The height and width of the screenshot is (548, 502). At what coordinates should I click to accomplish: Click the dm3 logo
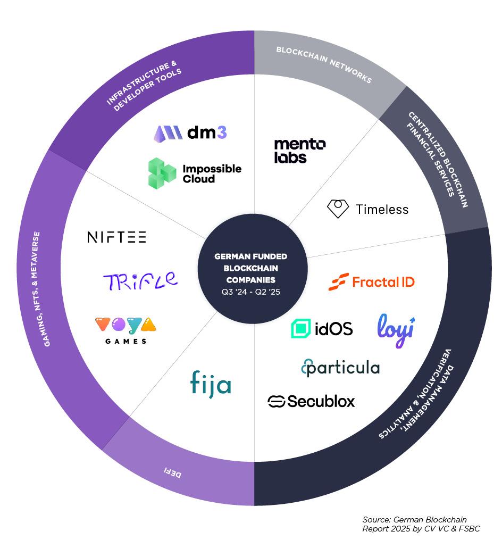coord(190,132)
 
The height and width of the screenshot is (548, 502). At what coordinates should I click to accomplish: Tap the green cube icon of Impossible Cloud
coord(162,173)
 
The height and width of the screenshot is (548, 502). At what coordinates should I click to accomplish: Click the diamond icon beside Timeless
coord(338,209)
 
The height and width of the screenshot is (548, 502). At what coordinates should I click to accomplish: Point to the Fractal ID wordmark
coord(383,282)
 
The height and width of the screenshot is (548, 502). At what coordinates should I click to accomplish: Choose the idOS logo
coord(322,329)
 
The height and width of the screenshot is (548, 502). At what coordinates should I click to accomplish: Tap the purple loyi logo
coord(396,330)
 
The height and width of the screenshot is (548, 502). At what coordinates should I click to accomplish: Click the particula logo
coord(340,368)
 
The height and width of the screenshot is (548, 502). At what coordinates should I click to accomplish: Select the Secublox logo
coord(311,401)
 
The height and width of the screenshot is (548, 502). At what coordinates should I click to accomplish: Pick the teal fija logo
coord(211,384)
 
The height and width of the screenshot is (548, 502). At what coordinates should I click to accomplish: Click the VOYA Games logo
coord(125,330)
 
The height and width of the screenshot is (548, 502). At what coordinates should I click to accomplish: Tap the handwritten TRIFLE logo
coord(140,280)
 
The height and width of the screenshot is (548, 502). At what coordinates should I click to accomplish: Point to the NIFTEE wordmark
coord(116,237)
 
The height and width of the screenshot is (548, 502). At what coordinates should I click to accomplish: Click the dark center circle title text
coord(250,268)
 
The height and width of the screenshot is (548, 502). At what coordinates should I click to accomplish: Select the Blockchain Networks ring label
coord(323,64)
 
